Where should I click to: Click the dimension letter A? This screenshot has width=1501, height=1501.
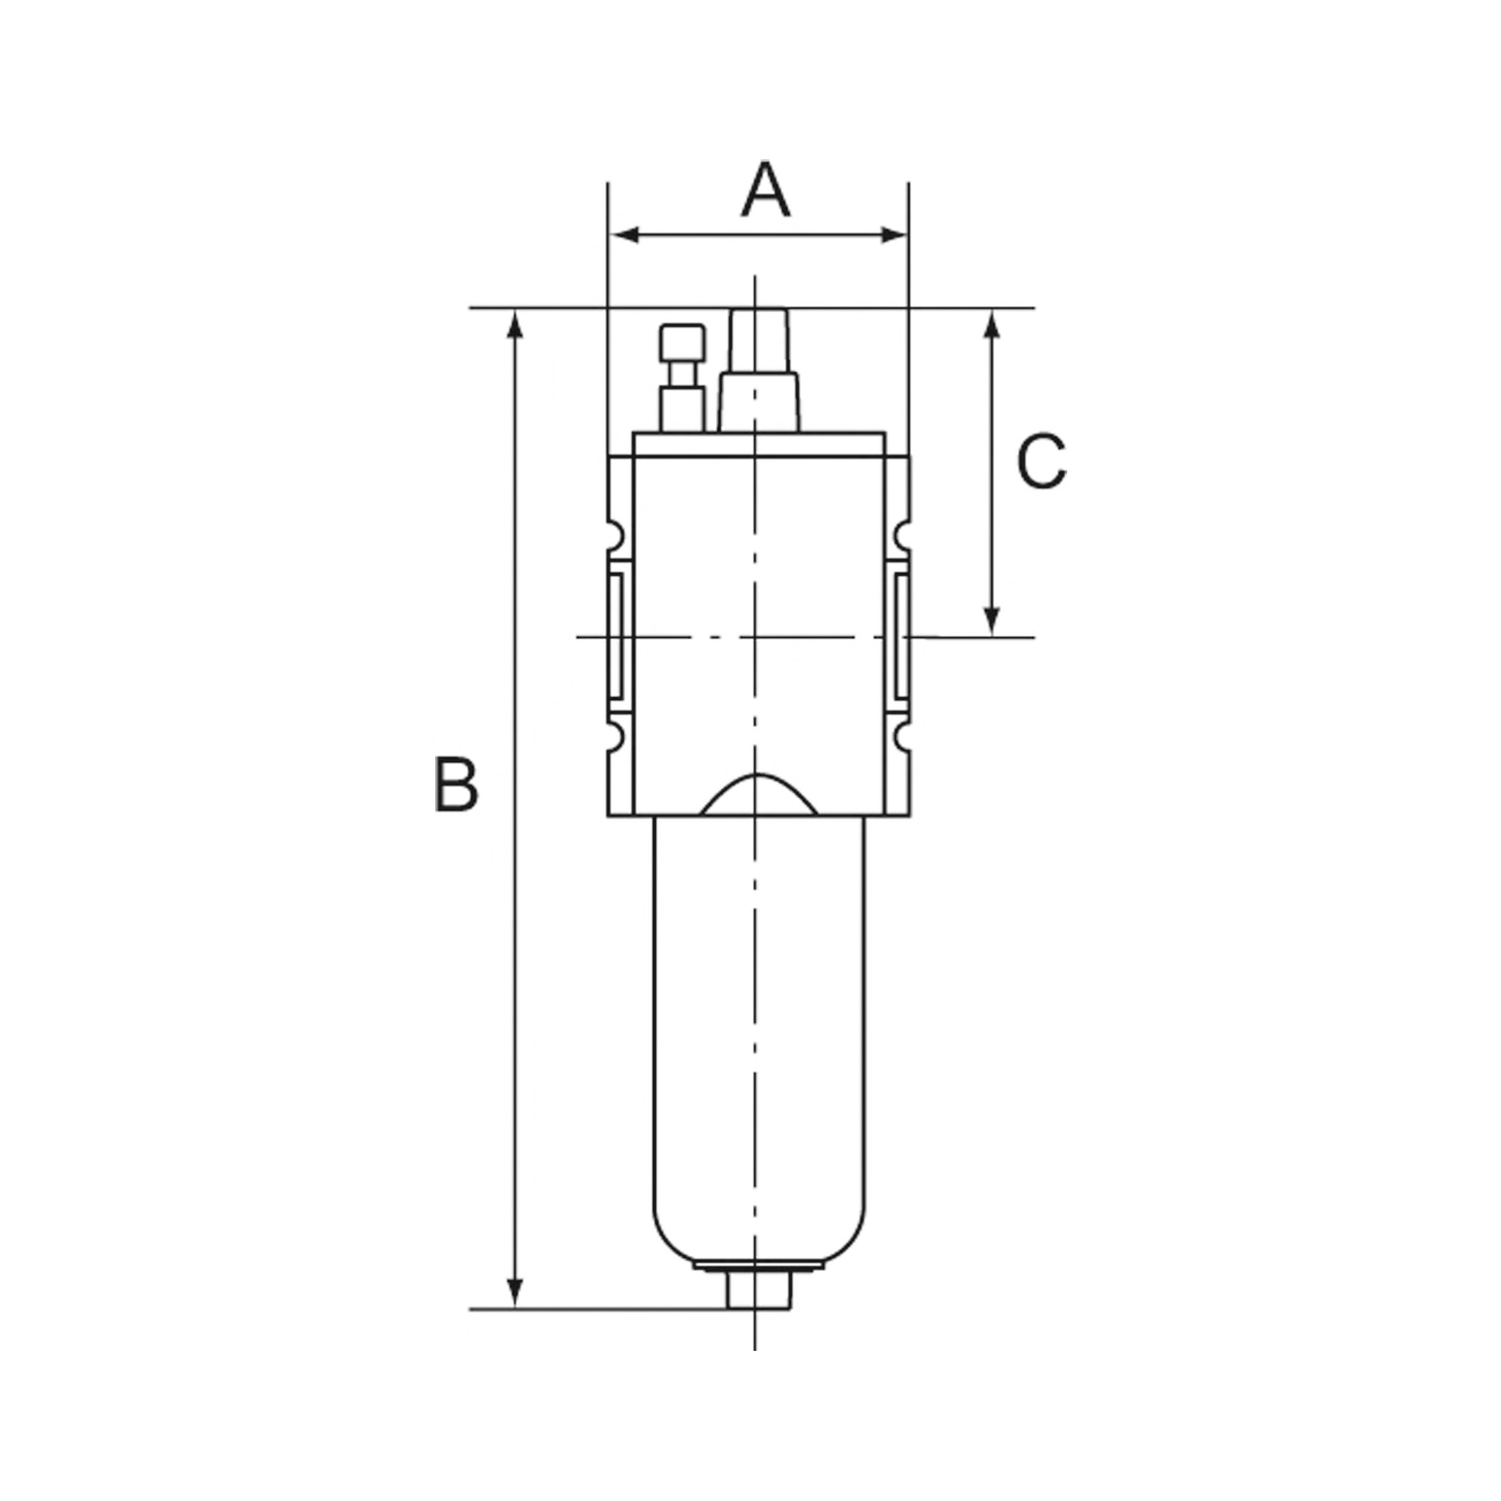(x=766, y=191)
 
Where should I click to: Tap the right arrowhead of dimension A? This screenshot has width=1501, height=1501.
(x=892, y=235)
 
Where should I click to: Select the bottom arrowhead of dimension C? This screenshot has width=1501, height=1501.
(x=991, y=620)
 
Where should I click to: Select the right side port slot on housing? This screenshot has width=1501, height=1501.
(x=901, y=637)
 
